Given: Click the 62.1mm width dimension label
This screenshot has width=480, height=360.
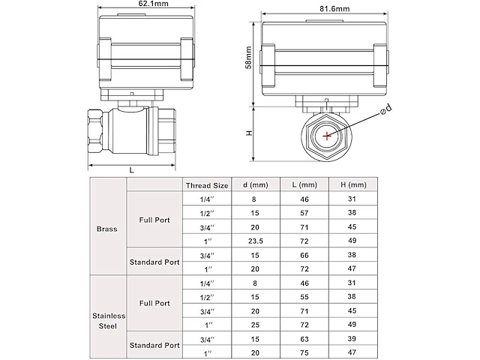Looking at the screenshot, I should point(131,5).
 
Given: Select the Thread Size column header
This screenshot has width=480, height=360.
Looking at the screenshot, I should point(206,184).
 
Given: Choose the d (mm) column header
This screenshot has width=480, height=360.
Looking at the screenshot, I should point(256,184).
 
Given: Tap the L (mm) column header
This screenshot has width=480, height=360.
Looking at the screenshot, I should point(307,184).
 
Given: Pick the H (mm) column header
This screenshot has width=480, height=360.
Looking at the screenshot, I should point(353,184).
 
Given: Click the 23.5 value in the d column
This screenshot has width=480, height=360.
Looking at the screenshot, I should point(256,241).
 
